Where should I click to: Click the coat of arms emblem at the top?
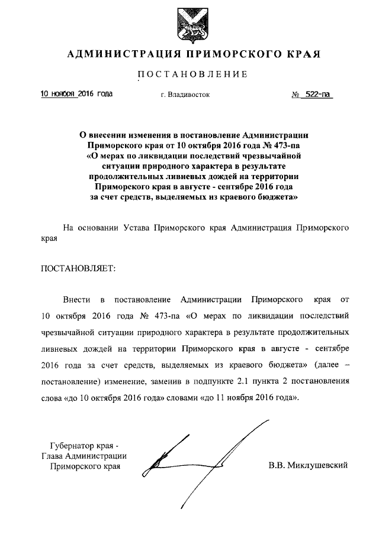pos(191,24)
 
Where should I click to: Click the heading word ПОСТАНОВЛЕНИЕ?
pos(192,74)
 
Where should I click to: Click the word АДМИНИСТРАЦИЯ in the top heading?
pos(121,55)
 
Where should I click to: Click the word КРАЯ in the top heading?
pos(300,55)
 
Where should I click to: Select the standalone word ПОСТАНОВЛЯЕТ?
pos(78,268)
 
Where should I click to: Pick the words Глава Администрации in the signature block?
pos(83,456)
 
